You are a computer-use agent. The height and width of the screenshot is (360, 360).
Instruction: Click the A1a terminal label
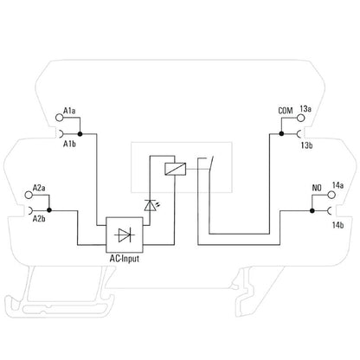69,111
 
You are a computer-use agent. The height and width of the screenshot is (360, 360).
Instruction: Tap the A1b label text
69,144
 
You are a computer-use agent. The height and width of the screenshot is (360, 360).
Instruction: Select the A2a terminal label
39,188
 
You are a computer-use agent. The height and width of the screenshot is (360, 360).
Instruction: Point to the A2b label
39,219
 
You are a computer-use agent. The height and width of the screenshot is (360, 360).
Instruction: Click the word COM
286,111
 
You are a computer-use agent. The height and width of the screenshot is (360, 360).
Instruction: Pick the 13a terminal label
305,109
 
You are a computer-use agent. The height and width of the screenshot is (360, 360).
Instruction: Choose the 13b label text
306,145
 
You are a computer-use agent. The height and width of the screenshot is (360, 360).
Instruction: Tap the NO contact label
317,188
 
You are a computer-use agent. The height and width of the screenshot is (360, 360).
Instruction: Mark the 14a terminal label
337,185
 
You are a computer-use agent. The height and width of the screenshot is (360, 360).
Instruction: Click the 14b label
337,225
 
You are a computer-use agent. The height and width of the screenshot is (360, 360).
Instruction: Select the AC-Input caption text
125,259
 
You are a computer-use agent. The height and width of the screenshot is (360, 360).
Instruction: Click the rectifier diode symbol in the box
125,235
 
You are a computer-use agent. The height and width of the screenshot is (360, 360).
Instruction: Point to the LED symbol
151,205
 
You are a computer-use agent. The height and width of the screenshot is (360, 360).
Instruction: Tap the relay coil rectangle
175,169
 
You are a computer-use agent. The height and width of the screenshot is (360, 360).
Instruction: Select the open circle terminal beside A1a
59,118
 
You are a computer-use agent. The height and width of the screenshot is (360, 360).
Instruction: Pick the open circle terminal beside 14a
331,195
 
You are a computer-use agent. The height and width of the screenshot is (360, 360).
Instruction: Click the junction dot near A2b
49,210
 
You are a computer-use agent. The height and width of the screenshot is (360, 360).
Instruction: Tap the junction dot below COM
281,133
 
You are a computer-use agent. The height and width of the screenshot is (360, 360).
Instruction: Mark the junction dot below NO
312,211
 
